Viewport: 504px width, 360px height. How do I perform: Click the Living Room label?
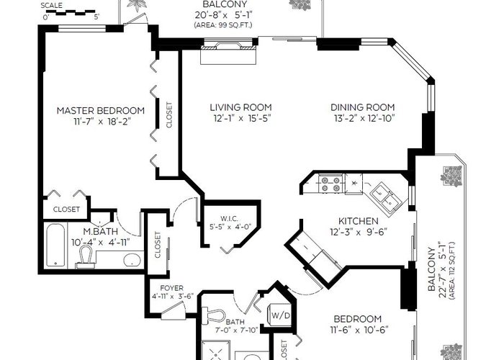tap(240, 107)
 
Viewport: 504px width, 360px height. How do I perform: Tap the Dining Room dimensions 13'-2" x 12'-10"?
tap(364, 119)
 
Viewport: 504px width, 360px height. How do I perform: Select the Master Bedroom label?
tap(101, 111)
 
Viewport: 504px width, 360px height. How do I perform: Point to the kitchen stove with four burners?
tap(330, 184)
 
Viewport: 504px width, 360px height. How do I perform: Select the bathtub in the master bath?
tap(55, 245)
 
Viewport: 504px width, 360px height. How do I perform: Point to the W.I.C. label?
tap(229, 219)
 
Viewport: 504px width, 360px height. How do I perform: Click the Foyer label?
tap(171, 288)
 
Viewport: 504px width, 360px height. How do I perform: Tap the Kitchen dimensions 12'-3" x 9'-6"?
tap(359, 232)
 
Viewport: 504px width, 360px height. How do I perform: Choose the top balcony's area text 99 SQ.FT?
tap(222, 25)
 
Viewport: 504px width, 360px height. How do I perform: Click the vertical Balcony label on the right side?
tap(432, 269)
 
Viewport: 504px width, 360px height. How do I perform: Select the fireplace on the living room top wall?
tap(228, 51)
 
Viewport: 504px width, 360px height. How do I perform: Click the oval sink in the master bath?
tap(133, 260)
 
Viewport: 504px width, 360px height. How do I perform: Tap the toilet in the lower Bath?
tap(213, 315)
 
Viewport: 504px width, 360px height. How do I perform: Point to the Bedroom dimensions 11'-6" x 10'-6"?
tap(359, 330)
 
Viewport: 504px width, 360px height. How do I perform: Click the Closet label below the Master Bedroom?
tap(66, 210)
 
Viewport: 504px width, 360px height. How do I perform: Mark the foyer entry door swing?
tap(174, 310)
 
